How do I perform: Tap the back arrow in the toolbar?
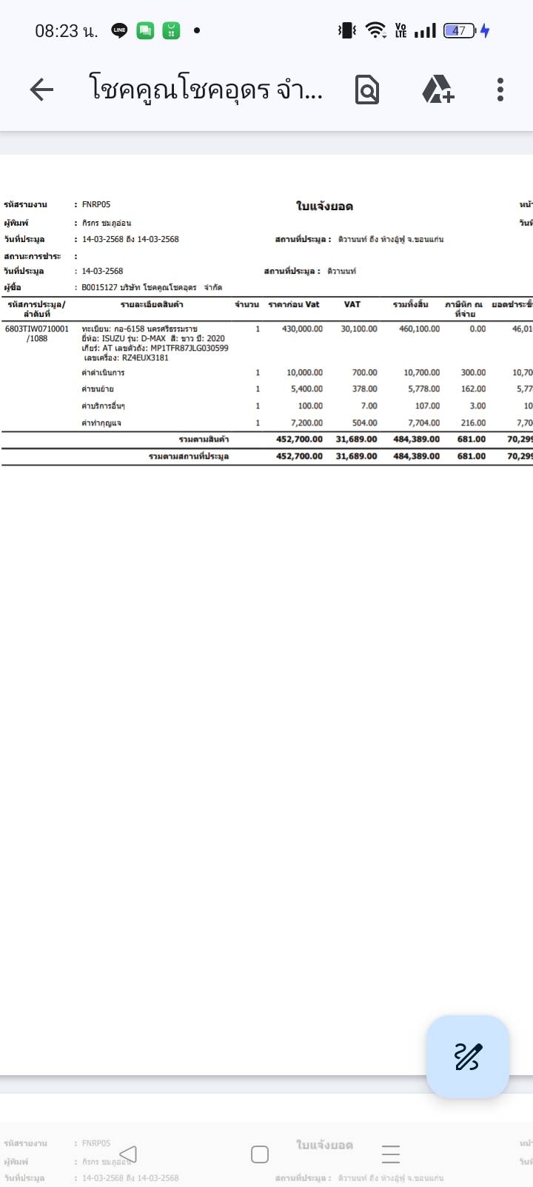[41, 90]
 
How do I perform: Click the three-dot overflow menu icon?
[500, 90]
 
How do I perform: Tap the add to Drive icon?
[438, 90]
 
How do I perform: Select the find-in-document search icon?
[367, 90]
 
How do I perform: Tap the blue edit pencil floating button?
[468, 1056]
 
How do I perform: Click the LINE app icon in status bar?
[119, 30]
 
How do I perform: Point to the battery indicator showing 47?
[460, 30]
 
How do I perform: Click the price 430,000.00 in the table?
[302, 329]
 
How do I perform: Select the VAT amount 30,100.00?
[359, 329]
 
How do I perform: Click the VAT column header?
[352, 304]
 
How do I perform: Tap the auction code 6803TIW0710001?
[36, 329]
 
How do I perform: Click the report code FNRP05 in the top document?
[96, 204]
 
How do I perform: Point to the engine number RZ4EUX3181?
[145, 357]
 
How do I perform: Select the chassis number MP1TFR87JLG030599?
[189, 348]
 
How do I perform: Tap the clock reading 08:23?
[57, 30]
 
